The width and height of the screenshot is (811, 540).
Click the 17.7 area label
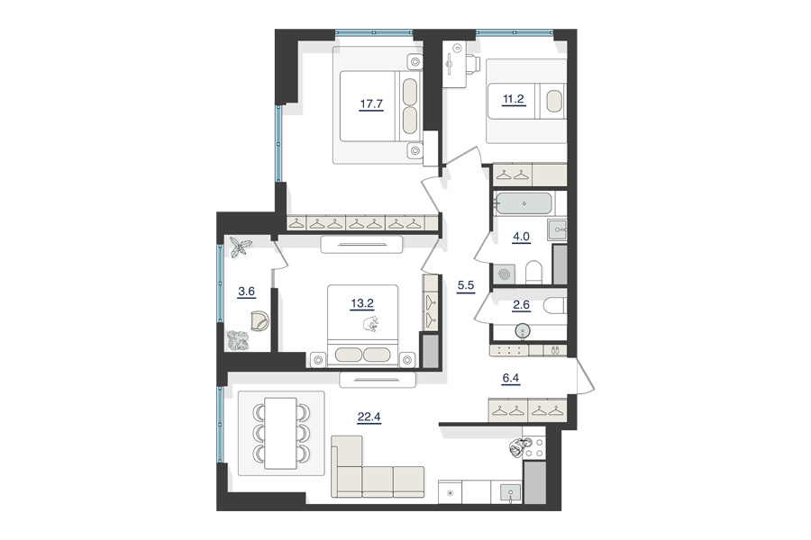(371, 103)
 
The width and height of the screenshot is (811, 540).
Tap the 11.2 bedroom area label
(514, 99)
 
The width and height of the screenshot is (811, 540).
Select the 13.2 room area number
(362, 303)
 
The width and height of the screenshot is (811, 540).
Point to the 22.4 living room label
(369, 417)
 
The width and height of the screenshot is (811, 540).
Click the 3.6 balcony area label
(246, 292)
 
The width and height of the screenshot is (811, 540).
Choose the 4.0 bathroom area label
(521, 237)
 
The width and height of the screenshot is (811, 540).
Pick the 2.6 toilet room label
(521, 305)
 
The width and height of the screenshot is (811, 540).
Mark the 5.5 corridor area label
(466, 285)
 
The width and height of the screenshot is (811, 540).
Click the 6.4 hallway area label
(511, 378)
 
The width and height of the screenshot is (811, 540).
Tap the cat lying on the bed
(370, 324)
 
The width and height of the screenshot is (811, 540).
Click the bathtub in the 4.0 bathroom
(523, 203)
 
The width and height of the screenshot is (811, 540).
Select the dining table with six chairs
(280, 433)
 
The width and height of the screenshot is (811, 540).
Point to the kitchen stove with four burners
(534, 447)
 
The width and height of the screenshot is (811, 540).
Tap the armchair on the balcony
(260, 320)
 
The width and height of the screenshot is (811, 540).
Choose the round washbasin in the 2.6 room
(524, 330)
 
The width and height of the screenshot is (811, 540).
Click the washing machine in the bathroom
(504, 274)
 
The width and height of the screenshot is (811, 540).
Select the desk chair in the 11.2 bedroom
(474, 65)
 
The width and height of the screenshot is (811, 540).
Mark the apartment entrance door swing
(585, 374)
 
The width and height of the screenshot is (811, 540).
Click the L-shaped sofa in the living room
(377, 468)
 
